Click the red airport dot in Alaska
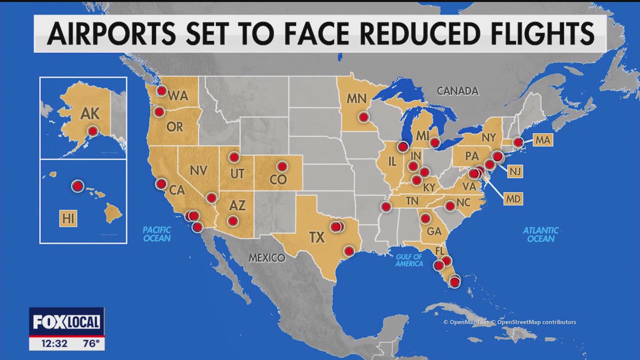pyautogui.click(x=92, y=131)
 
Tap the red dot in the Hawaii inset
pyautogui.click(x=77, y=186)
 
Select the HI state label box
pyautogui.click(x=68, y=218)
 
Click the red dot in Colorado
pyautogui.click(x=282, y=166)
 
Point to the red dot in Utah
pyautogui.click(x=234, y=157)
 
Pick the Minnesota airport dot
pyautogui.click(x=363, y=117)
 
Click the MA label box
pyautogui.click(x=542, y=140)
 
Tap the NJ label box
pyautogui.click(x=514, y=171)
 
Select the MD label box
pyautogui.click(x=513, y=198)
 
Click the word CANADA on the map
pyautogui.click(x=457, y=91)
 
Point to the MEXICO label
pyautogui.click(x=267, y=258)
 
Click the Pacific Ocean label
pyautogui.click(x=156, y=234)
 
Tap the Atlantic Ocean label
pyautogui.click(x=540, y=234)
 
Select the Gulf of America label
pyautogui.click(x=409, y=260)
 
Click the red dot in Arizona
pyautogui.click(x=232, y=220)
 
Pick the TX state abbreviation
pyautogui.click(x=317, y=237)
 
